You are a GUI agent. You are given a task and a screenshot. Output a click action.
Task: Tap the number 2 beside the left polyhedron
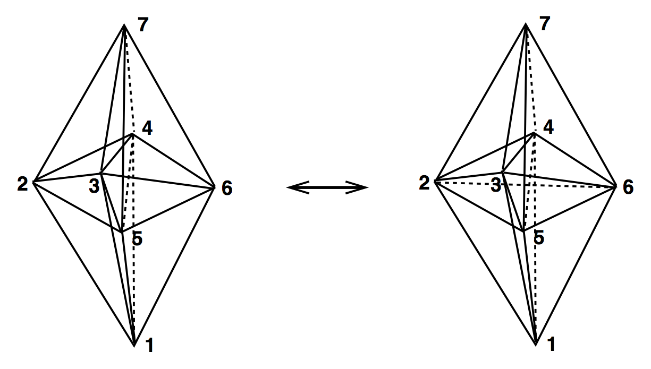pos(22,184)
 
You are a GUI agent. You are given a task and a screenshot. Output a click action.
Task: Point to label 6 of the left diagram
pos(226,188)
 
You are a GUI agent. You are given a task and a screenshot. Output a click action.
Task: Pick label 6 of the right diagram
pos(628,188)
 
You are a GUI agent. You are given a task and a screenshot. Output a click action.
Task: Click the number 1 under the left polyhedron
pos(149,346)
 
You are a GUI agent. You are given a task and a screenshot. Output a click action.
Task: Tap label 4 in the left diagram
pos(147,129)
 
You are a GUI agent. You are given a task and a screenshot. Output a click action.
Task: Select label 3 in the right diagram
pos(495,186)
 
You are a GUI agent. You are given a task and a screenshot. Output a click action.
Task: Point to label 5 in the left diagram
pos(137,239)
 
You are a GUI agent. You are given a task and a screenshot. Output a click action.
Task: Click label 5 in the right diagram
pos(539,238)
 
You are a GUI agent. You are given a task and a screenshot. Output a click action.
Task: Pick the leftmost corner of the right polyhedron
pos(436,181)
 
